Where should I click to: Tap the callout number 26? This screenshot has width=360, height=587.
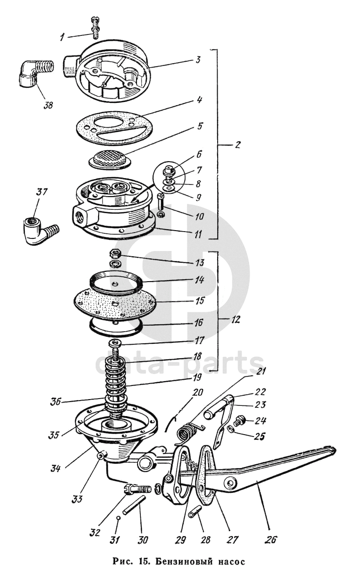point(271,539)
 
